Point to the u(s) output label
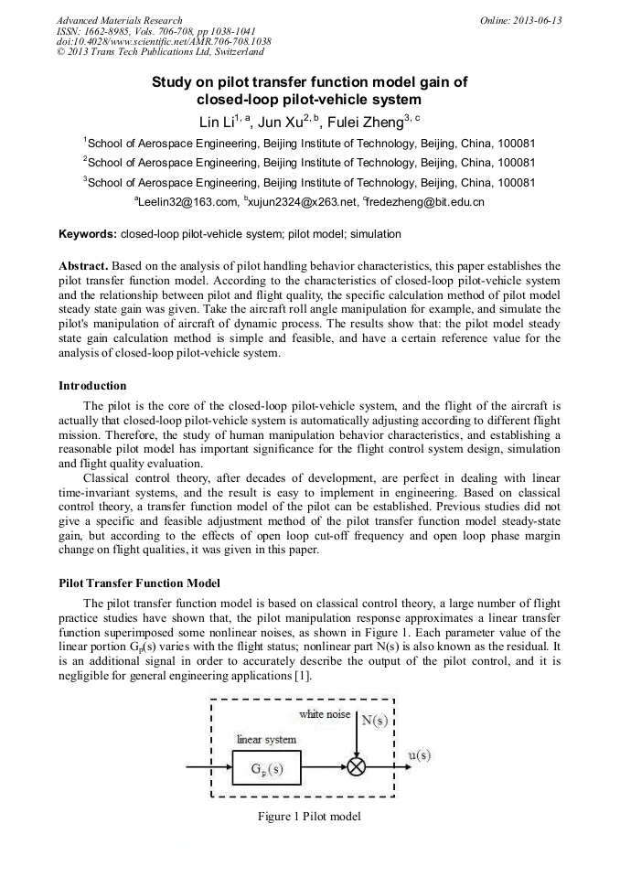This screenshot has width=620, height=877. pos(420,755)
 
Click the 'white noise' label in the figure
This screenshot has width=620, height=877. pos(325,713)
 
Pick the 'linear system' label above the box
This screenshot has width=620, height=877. pos(266,739)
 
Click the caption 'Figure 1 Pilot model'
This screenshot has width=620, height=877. pos(309,816)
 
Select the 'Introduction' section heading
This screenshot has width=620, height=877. pos(92,385)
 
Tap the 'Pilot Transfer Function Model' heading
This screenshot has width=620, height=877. pos(139,583)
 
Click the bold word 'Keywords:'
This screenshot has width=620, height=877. pos(87,234)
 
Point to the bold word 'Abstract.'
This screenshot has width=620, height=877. pos(83,265)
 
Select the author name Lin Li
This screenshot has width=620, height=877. pos(218,122)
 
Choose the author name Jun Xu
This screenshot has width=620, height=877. pos(282,122)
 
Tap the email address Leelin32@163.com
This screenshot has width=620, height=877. pos(187,201)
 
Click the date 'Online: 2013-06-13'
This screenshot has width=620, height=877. pos(521,20)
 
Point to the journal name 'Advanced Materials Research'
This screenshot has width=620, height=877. pos(119,20)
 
